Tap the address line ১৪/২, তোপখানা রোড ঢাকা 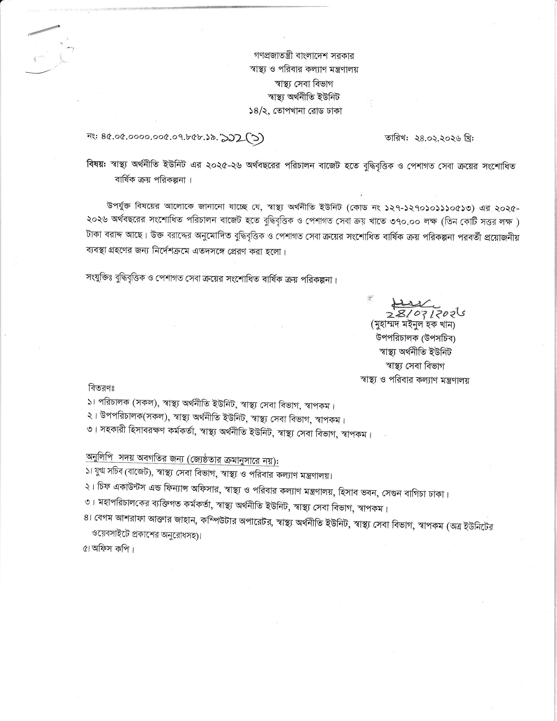(x=296, y=111)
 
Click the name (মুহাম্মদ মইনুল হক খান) (x=413, y=325)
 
